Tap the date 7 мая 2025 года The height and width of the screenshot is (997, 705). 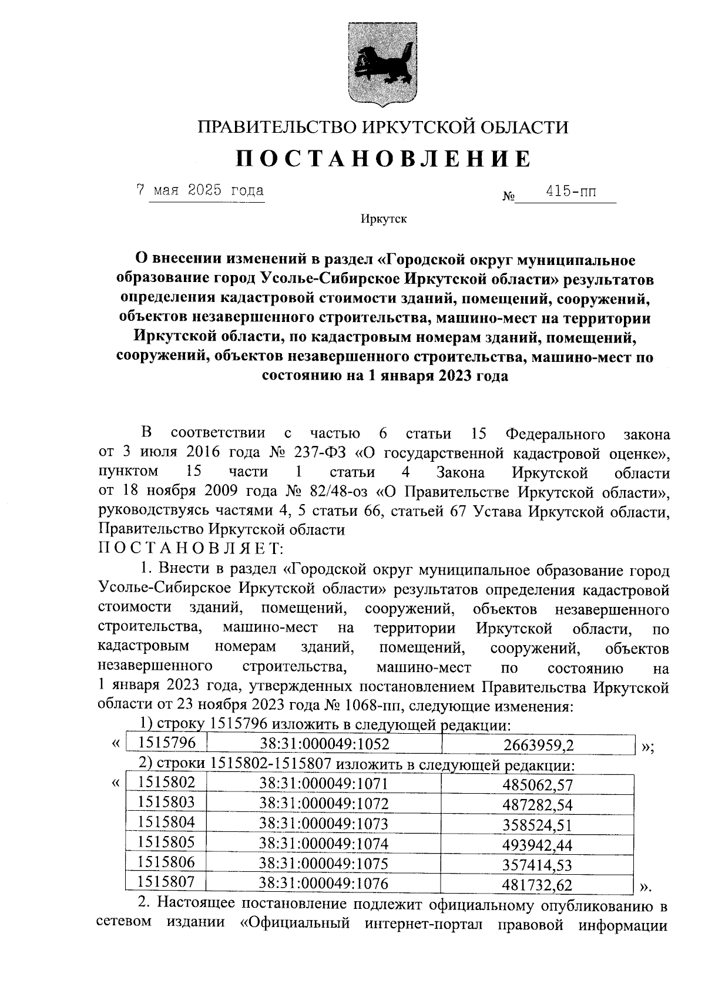(200, 190)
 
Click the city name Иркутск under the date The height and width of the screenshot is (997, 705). (383, 219)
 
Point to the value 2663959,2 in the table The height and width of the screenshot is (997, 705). (538, 745)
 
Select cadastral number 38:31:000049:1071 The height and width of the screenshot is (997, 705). (324, 783)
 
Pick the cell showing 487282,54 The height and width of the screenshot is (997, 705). (537, 805)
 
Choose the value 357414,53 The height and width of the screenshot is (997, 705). (537, 865)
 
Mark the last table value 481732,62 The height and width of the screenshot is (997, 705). (537, 885)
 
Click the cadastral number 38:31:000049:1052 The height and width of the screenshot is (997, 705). (324, 744)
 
